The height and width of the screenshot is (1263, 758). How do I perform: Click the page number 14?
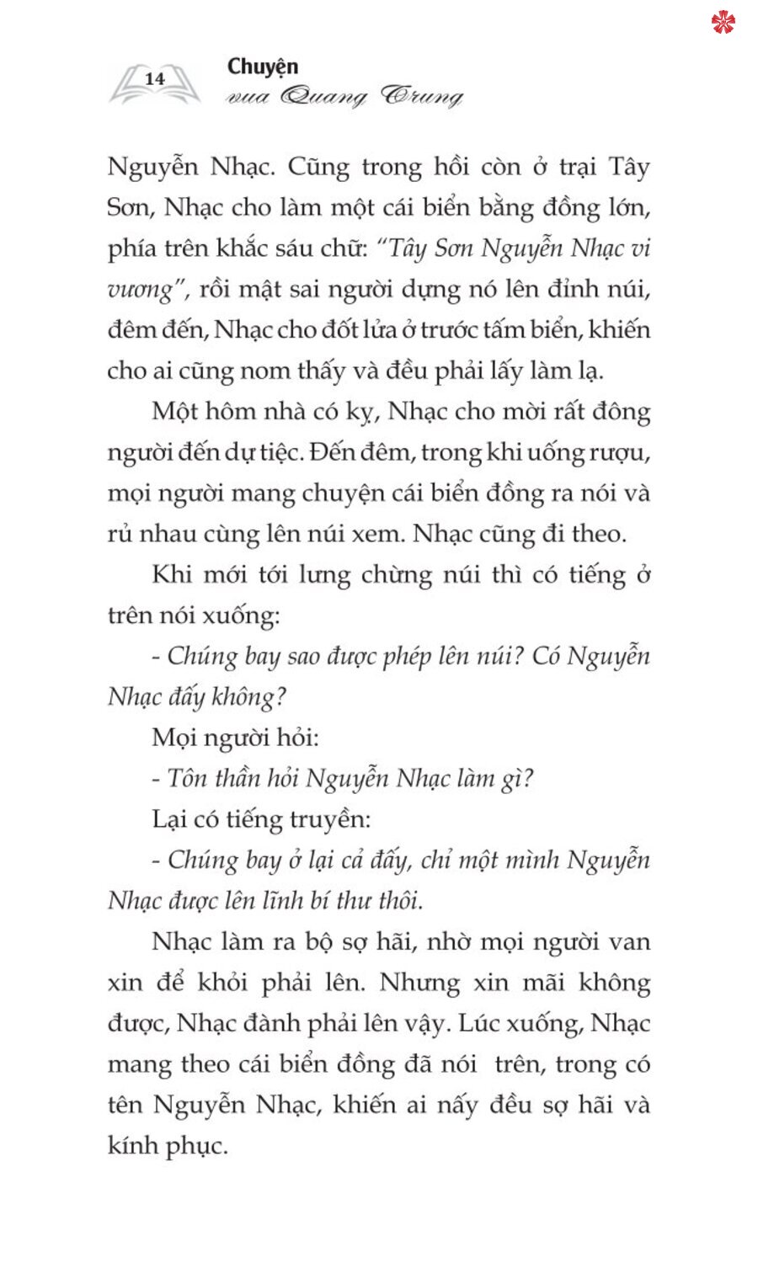point(155,79)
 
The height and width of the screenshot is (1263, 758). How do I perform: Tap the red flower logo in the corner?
point(723,22)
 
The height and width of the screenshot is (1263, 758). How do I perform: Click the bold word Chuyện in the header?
point(263,67)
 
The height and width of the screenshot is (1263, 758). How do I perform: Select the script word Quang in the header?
point(323,97)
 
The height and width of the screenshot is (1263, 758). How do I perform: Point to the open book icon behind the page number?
point(155,84)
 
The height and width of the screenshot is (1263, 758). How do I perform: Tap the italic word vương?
point(140,290)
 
